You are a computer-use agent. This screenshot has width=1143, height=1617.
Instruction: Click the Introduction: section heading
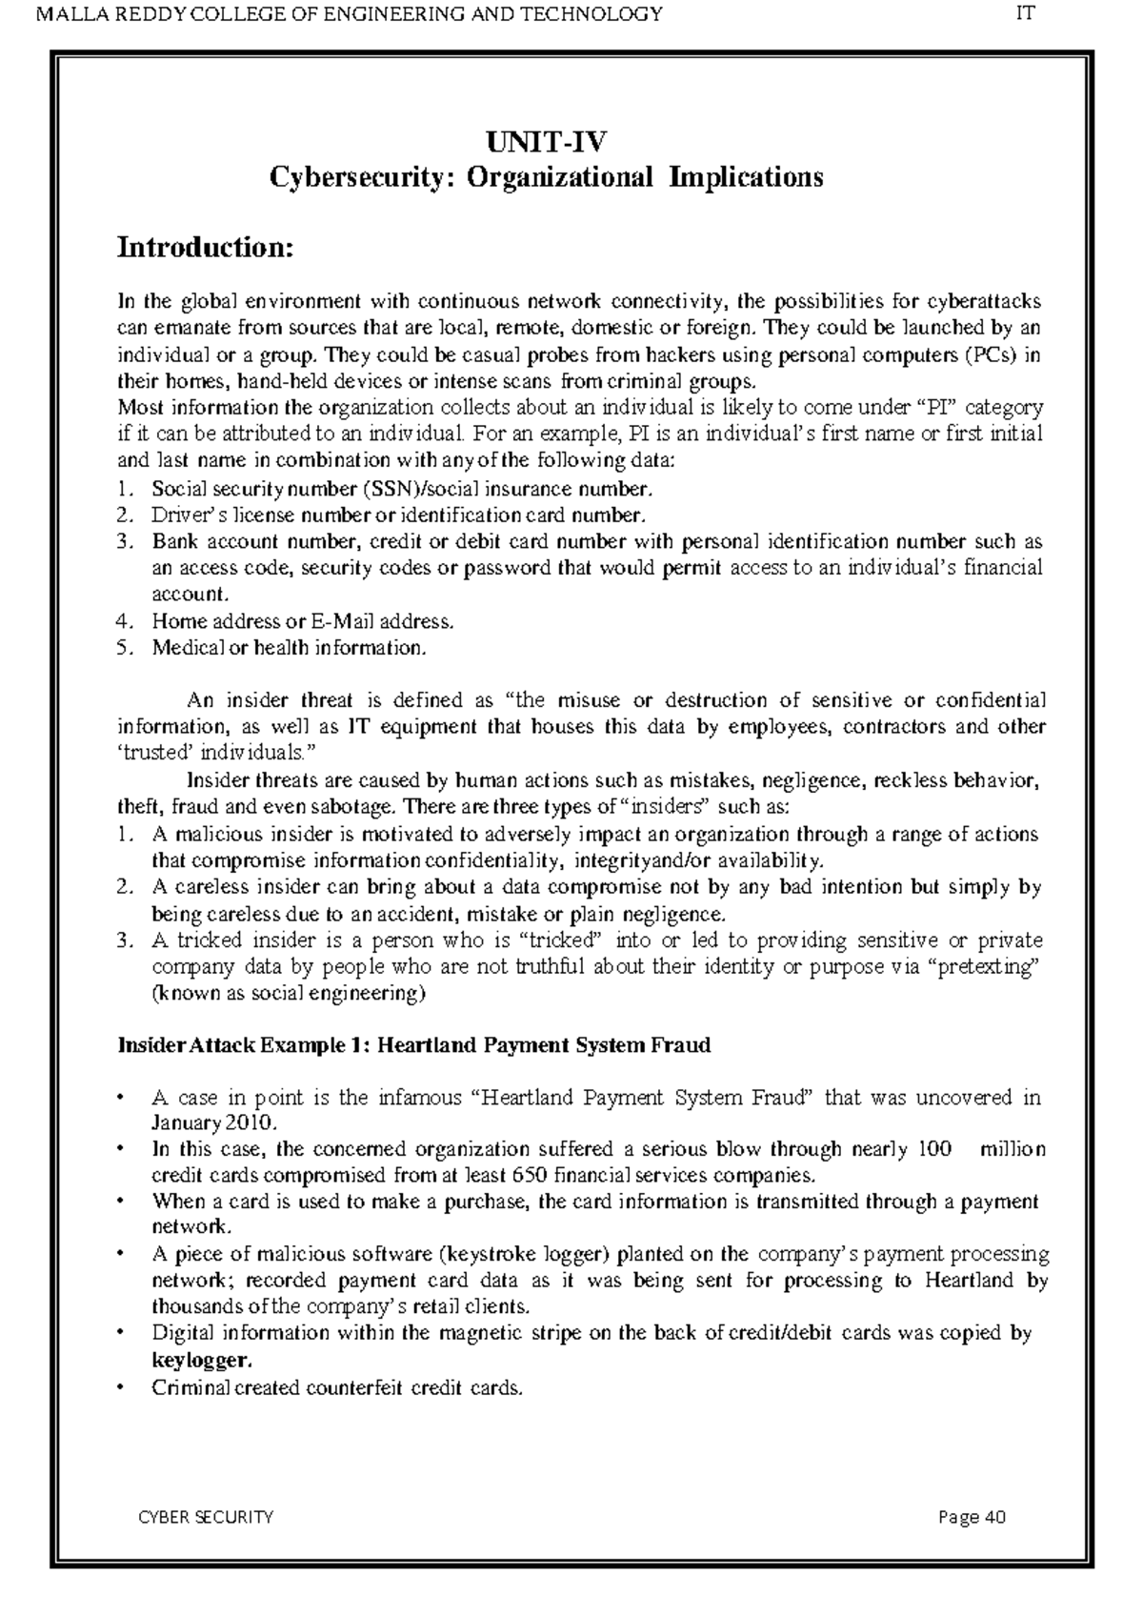pos(204,248)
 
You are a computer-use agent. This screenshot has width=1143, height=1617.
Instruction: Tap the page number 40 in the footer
pos(995,1517)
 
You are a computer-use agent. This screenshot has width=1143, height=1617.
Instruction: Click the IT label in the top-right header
pos(1026,13)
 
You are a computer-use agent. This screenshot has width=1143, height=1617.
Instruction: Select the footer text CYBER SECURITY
pos(206,1517)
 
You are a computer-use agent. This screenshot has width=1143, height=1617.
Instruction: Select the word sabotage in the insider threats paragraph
pos(355,808)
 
